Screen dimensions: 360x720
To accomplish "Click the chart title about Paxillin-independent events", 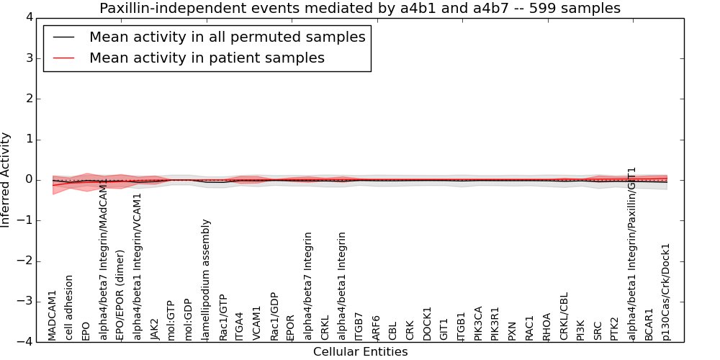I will [360, 8].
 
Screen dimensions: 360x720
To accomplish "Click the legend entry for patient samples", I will [207, 58].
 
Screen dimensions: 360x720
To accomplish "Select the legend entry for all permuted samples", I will [227, 37].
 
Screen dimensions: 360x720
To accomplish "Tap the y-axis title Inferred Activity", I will [6, 179].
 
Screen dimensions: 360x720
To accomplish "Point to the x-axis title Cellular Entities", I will [360, 352].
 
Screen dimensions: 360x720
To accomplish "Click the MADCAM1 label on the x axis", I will [52, 315].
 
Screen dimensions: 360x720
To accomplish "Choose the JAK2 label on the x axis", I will [154, 328].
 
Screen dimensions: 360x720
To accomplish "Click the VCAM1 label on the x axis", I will [257, 324].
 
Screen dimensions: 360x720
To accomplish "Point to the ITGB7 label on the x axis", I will [359, 325].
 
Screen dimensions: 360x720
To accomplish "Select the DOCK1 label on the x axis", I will [427, 323].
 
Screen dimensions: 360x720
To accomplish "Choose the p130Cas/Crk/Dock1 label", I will [666, 292].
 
